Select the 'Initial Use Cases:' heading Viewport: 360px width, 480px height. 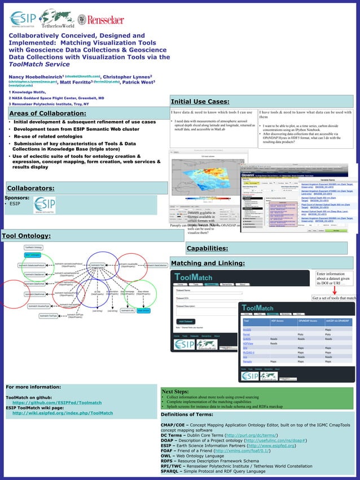tap(200, 102)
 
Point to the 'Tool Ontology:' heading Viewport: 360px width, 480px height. tap(27, 235)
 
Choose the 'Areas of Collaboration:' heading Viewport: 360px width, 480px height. tap(47, 114)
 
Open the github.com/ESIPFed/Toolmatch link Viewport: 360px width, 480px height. tap(57, 403)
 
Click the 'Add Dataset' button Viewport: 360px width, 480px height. tap(186, 321)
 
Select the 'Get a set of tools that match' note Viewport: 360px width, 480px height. tap(334, 298)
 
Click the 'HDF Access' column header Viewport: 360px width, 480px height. tap(277, 320)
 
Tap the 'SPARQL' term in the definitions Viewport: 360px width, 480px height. tap(172, 471)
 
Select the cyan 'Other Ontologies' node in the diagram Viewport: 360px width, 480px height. tap(32, 255)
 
